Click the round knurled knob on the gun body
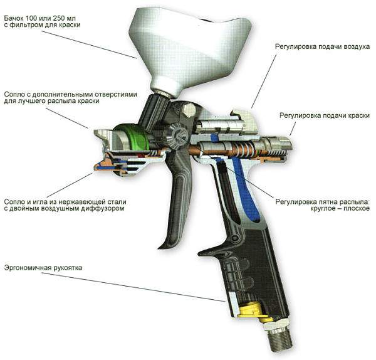pos(178,135)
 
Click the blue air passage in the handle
pos(246,189)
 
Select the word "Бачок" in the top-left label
pos(13,18)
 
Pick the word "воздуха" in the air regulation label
pos(357,46)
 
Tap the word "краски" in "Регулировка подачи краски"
pos(358,115)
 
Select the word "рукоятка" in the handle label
pos(68,268)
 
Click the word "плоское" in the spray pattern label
pos(357,209)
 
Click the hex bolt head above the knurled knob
pos(189,110)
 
